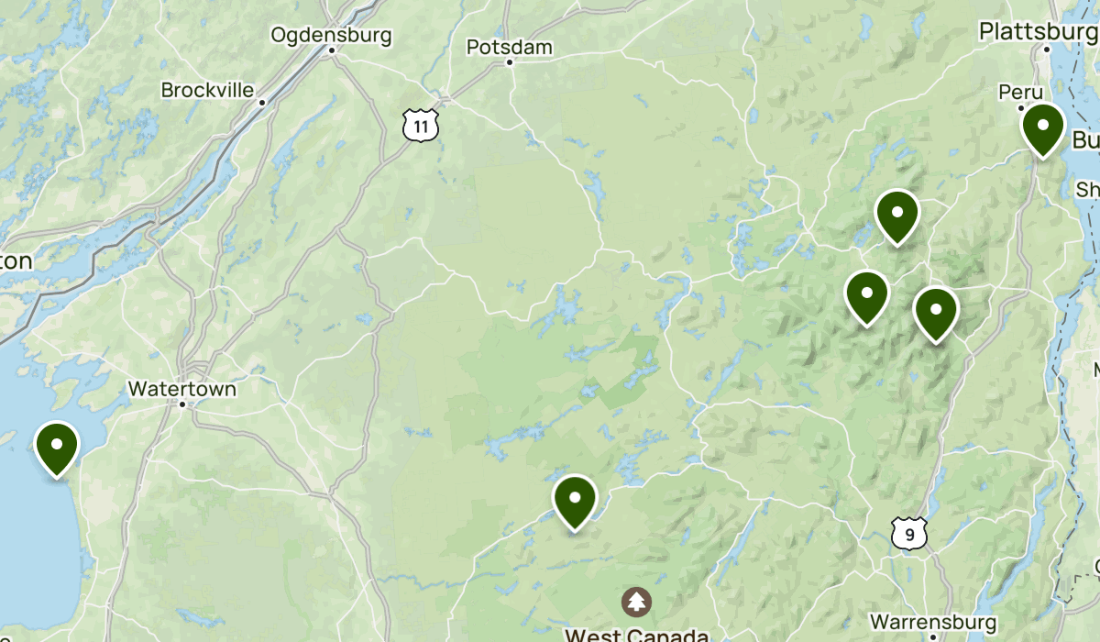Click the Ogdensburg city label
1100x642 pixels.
(x=331, y=36)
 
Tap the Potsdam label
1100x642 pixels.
(x=509, y=47)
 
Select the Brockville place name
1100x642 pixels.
(x=207, y=90)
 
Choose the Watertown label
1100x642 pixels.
(x=181, y=388)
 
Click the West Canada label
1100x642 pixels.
(x=636, y=635)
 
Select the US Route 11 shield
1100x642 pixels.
(x=421, y=127)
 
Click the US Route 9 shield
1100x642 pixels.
(x=908, y=533)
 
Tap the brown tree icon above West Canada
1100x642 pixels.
(x=636, y=603)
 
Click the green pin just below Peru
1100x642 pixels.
(x=1042, y=127)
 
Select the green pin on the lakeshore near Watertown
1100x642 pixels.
(x=57, y=446)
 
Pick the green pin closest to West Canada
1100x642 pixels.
(x=575, y=500)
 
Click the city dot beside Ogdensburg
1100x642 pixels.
(x=332, y=50)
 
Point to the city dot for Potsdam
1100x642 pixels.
(x=510, y=62)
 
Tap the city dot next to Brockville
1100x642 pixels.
(x=261, y=102)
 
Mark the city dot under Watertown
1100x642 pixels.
(x=182, y=404)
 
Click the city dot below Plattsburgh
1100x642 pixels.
(x=1047, y=48)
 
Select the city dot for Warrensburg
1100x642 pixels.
(x=932, y=636)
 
